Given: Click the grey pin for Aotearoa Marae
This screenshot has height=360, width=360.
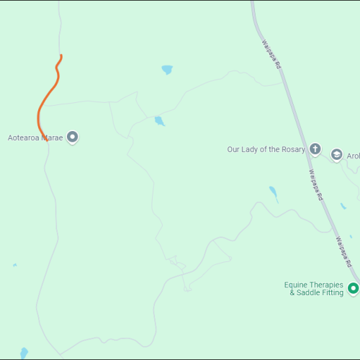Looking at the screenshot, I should click(x=72, y=137).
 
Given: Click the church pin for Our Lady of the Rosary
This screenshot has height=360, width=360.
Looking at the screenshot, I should click(x=315, y=150).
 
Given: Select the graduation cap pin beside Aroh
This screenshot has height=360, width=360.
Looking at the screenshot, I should click(x=336, y=155).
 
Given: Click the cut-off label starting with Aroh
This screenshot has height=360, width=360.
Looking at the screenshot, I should click(x=353, y=156).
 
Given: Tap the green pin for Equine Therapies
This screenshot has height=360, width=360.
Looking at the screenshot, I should click(x=353, y=289).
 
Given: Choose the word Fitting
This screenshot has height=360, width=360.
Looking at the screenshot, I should click(x=332, y=293).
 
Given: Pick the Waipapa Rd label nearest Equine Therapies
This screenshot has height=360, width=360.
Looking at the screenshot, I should click(x=345, y=250).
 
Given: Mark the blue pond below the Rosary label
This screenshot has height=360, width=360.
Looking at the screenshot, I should click(x=273, y=193).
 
